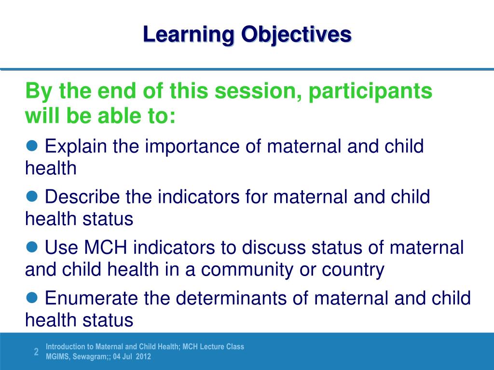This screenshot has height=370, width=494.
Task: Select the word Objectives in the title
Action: point(296,35)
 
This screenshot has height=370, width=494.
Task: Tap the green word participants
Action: point(370,91)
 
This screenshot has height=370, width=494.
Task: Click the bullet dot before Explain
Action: point(32,145)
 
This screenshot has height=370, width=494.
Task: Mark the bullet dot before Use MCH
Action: point(32,247)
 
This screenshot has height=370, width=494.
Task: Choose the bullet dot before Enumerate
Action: point(32,298)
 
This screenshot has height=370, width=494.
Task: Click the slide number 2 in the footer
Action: point(36,352)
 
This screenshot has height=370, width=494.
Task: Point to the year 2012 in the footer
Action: point(143,357)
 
